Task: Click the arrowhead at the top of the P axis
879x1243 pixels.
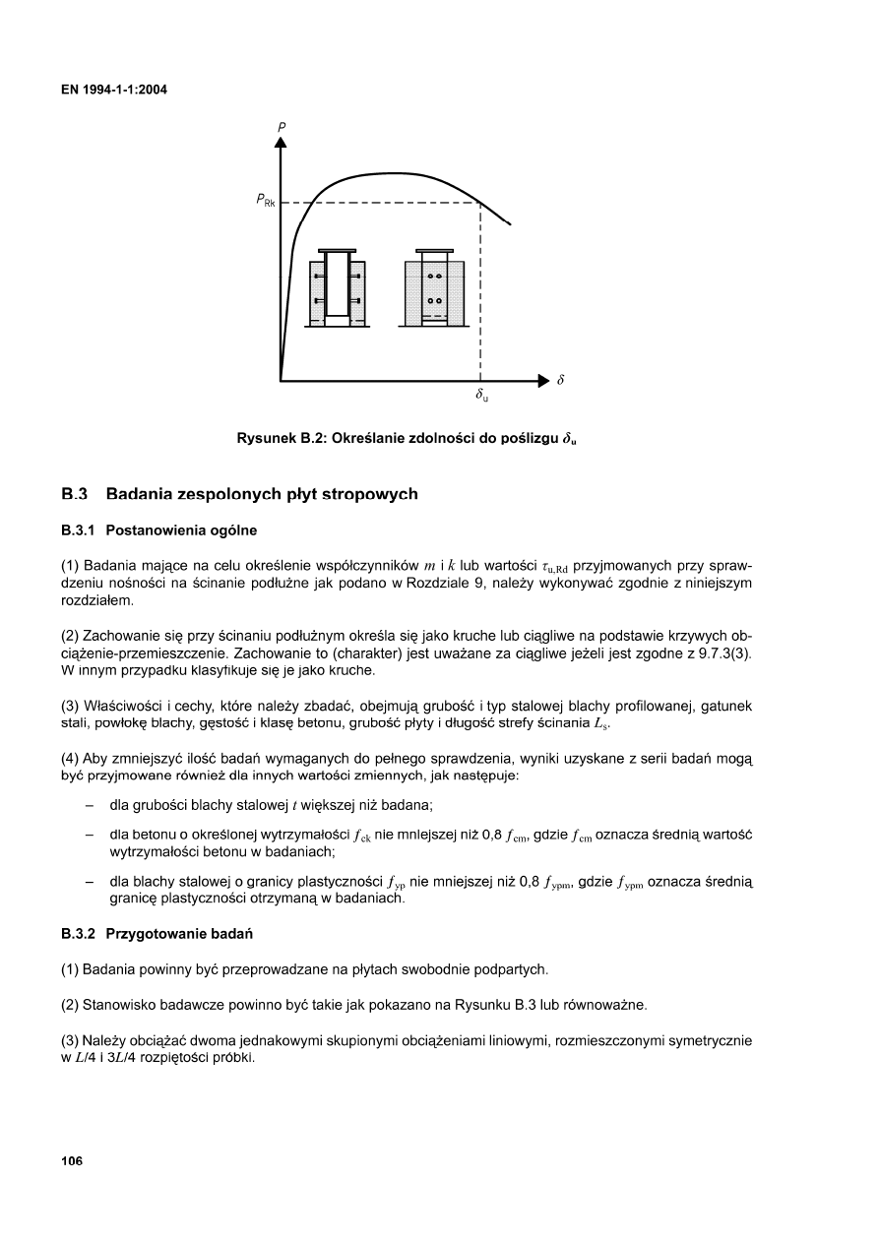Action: click(x=281, y=143)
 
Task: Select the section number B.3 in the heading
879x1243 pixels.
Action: click(x=76, y=493)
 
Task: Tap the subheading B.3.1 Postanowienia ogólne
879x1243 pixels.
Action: click(x=158, y=531)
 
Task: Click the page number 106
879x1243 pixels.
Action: click(x=72, y=1161)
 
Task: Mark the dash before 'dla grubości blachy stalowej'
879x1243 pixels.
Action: click(x=90, y=805)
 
